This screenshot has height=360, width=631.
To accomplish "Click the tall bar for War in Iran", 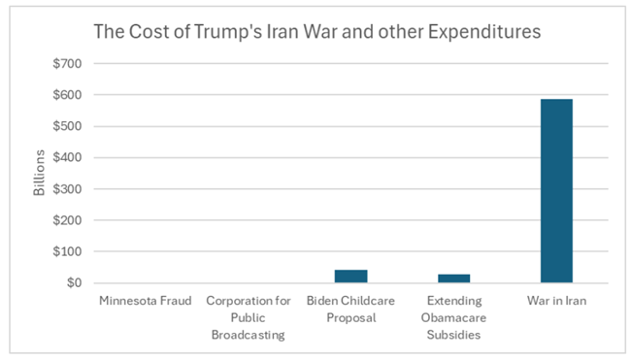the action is (556, 190).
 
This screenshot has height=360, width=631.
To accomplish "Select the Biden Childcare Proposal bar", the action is (350, 277).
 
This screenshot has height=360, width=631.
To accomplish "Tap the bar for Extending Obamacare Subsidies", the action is (454, 278).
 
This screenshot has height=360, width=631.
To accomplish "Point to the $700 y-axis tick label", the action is (67, 63).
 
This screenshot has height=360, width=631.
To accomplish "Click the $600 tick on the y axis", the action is (67, 95).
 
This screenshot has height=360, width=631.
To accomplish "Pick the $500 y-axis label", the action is (67, 126).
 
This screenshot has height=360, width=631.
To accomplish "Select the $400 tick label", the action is (67, 157).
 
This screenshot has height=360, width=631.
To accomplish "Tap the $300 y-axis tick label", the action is (67, 189).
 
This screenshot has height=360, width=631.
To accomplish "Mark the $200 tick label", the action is (67, 220).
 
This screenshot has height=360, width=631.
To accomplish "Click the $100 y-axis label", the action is (67, 251).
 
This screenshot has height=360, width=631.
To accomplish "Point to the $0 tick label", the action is (74, 283).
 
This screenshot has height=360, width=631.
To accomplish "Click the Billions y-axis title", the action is (39, 173).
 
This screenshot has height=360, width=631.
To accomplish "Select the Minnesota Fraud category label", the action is (146, 301).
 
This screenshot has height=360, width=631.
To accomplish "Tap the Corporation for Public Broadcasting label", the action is (249, 317).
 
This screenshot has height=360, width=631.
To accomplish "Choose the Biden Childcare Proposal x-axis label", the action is (350, 310).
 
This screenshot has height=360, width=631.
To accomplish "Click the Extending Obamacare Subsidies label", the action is (454, 317).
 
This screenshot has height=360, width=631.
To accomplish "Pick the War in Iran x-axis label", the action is (557, 301).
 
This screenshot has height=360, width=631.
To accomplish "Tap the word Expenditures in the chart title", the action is (484, 32).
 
